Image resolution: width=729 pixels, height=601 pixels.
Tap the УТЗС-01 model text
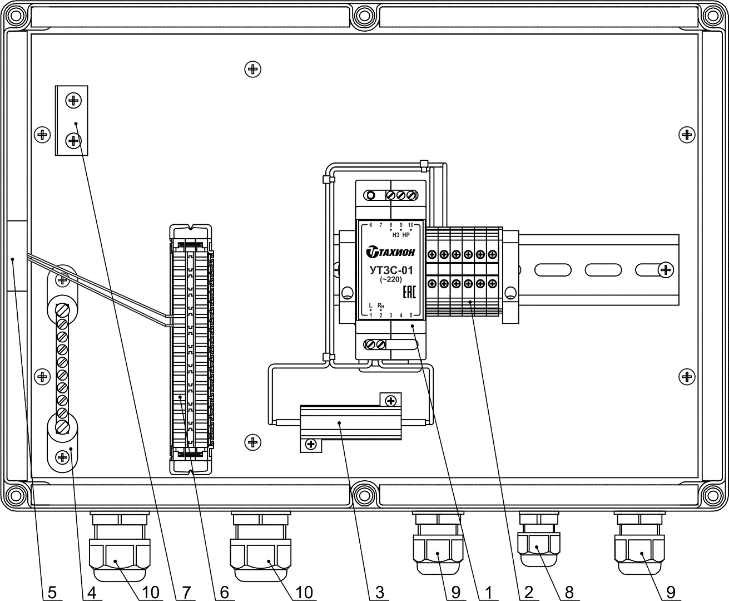391,271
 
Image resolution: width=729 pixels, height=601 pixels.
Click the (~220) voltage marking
391,280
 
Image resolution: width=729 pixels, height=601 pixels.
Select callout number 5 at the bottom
52,593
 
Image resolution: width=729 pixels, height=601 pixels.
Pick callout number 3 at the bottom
380,593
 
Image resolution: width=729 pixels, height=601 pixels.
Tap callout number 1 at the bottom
487,593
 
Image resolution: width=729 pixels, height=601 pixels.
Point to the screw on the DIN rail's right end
665,270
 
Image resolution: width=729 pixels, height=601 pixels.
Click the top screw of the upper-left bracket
73,101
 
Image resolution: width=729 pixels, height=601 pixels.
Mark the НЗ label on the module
396,234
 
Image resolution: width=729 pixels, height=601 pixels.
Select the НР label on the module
406,234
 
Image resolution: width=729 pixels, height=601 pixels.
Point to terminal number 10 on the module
410,225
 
